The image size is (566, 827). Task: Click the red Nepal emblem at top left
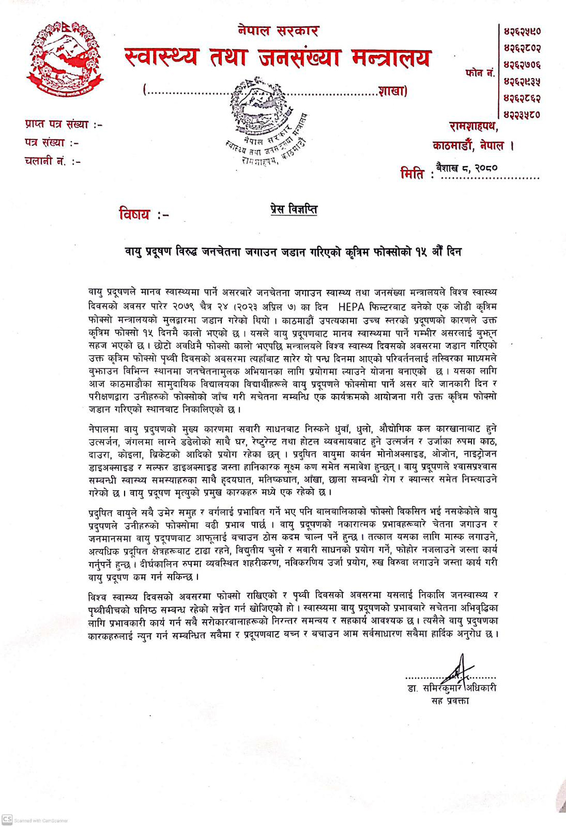[x=65, y=59]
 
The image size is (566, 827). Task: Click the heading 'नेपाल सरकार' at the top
[x=278, y=31]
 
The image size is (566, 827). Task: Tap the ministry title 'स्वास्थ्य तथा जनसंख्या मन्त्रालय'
[x=277, y=58]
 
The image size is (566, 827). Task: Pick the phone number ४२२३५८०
[x=522, y=114]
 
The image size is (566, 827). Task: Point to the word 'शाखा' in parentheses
[x=392, y=91]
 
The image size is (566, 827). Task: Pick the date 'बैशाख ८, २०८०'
[x=467, y=168]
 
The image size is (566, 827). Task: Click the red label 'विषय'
[x=135, y=215]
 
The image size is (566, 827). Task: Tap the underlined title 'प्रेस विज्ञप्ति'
[x=293, y=209]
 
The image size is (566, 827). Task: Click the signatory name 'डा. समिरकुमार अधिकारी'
[x=451, y=688]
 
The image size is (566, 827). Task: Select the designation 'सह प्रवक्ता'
[x=450, y=701]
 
